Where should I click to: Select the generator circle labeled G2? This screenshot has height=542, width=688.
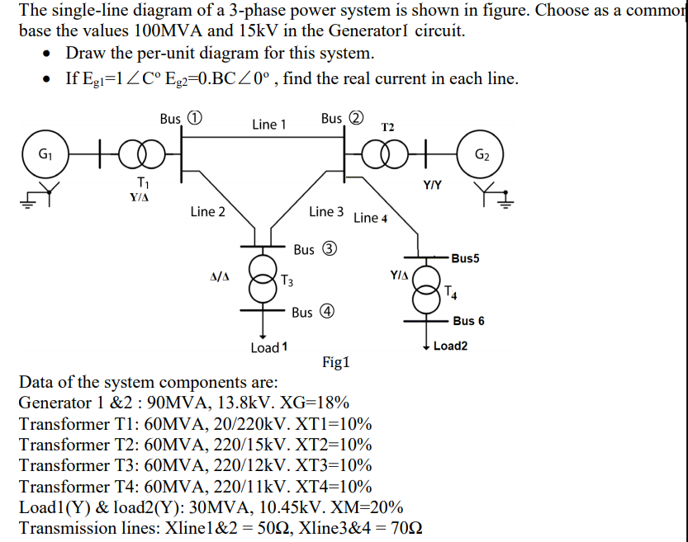coord(482,153)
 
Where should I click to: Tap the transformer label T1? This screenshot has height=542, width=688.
coord(143,182)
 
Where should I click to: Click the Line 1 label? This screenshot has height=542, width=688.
coord(269,125)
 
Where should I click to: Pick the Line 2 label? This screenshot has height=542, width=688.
coord(207,212)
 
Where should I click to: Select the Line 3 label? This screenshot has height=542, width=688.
coord(326,212)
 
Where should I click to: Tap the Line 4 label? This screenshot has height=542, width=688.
coord(371,218)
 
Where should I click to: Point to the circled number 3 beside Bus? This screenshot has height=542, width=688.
coord(327,249)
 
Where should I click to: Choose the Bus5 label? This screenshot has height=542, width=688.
coord(466,259)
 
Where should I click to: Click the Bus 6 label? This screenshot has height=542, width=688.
coord(468,321)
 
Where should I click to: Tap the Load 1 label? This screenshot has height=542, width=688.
coord(269,347)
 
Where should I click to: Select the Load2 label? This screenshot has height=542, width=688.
coord(450,346)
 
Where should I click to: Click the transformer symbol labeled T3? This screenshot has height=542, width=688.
coord(263,276)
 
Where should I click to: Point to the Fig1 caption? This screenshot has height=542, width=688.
coord(336,361)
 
